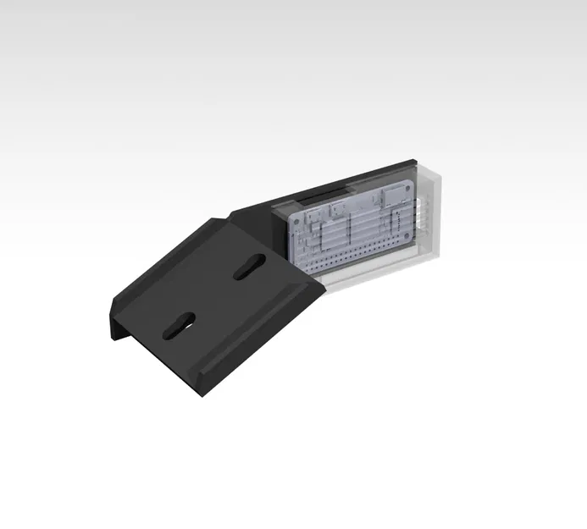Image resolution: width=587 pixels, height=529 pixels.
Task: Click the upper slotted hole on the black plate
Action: click(x=248, y=267)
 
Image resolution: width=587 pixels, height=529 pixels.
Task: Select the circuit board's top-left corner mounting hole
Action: click(x=296, y=217)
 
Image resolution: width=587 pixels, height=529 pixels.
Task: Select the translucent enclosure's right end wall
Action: click(x=438, y=213)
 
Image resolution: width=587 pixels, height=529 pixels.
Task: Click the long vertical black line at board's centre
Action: click(x=349, y=230)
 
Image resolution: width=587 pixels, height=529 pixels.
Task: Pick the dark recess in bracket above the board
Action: click(x=313, y=200)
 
